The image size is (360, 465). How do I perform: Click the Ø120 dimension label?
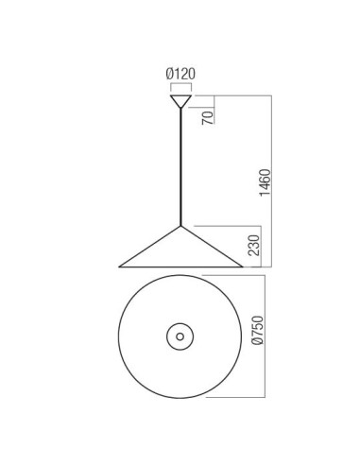click(180, 74)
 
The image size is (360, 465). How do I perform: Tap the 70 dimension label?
click(208, 117)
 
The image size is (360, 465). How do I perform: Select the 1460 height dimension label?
click(265, 182)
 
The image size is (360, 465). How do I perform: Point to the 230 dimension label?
click(254, 246)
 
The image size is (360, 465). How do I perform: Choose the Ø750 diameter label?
click(257, 330)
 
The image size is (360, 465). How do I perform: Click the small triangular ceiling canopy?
click(180, 100)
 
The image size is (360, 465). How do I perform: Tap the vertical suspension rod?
click(180, 167)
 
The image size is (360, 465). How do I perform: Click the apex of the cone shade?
click(180, 226)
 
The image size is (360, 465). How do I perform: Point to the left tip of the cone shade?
click(119, 267)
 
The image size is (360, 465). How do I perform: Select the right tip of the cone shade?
click(243, 267)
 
